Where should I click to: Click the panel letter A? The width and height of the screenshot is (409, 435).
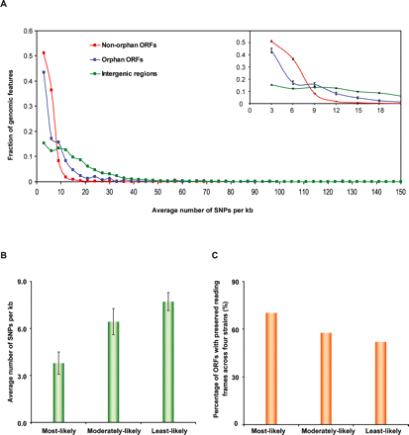[7, 5]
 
